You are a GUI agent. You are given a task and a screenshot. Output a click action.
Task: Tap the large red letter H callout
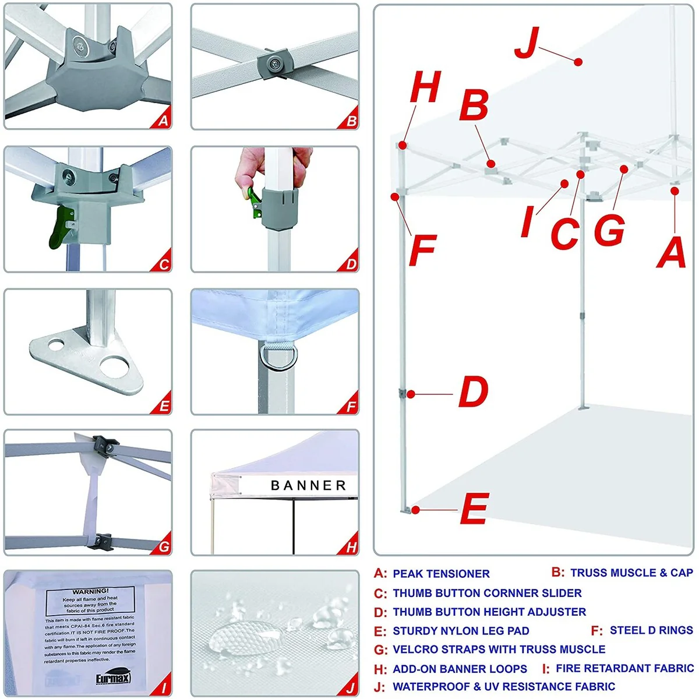[425, 87]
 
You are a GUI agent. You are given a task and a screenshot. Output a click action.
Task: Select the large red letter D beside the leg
[473, 391]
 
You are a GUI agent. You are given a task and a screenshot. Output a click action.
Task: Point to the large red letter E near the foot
[474, 509]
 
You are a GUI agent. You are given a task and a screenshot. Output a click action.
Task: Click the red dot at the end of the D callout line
[411, 394]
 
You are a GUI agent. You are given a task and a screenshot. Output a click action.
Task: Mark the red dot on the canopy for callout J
[578, 62]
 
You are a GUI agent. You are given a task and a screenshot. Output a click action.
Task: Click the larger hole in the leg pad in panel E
[113, 366]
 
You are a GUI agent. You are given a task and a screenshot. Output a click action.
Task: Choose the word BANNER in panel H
[308, 485]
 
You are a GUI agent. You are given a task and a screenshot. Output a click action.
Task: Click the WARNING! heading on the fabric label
[90, 591]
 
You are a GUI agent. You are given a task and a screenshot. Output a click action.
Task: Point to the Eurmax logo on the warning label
[113, 679]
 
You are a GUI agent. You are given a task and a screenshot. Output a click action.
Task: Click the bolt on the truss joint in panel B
[273, 63]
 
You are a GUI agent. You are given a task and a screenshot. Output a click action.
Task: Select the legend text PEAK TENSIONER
[441, 574]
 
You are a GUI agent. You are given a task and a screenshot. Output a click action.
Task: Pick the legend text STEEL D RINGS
[651, 630]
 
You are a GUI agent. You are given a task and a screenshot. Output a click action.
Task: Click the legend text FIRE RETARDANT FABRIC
[624, 668]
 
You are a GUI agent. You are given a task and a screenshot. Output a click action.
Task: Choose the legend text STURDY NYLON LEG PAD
[461, 631]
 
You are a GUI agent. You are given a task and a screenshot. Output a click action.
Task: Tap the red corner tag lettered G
[164, 546]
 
